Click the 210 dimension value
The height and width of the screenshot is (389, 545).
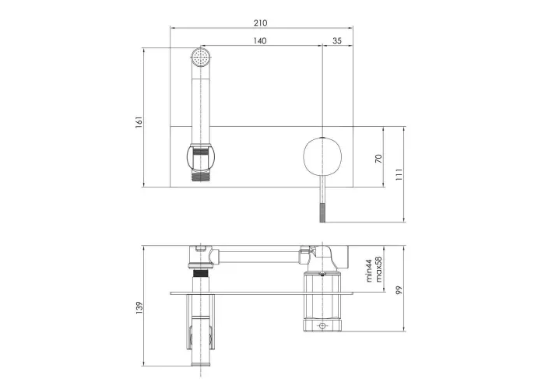pyautogui.click(x=260, y=23)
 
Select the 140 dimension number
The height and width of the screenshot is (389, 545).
pyautogui.click(x=259, y=41)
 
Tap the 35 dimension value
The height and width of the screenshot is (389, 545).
pyautogui.click(x=337, y=41)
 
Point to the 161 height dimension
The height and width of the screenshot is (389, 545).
pyautogui.click(x=139, y=122)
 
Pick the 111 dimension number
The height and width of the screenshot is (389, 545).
pyautogui.click(x=399, y=174)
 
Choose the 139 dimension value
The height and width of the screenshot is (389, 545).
pyautogui.click(x=139, y=308)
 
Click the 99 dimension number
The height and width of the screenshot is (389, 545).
pyautogui.click(x=399, y=290)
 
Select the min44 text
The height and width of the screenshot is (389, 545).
pyautogui.click(x=369, y=271)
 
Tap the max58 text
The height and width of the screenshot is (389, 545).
pyautogui.click(x=378, y=269)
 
